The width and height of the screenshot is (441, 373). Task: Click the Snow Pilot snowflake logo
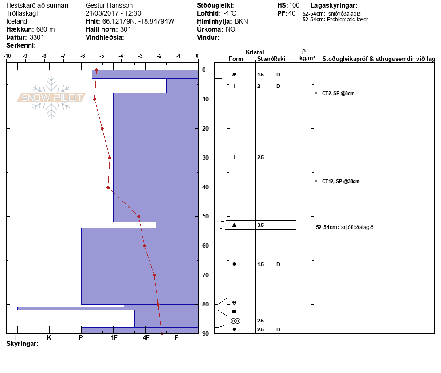point(51,97)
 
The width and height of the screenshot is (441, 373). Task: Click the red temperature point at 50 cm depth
point(139,217)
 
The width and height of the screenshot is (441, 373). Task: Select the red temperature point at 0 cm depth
point(96,70)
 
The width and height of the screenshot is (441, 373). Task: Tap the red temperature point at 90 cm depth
point(162,333)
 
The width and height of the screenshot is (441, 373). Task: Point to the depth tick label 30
point(205,158)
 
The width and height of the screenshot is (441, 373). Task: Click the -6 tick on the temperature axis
point(83,56)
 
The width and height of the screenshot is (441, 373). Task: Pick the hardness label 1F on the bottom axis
point(114,337)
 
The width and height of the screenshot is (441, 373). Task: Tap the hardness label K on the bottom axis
point(49,337)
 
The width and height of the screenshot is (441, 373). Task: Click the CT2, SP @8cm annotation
point(339,93)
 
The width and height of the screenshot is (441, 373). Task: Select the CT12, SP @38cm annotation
point(341,181)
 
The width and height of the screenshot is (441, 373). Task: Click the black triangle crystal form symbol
point(234,225)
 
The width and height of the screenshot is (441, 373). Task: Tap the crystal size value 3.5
point(260,225)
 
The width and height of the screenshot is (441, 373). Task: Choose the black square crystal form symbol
point(234,312)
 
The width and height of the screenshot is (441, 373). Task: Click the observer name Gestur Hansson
point(109,5)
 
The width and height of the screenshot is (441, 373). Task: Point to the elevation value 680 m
point(46,29)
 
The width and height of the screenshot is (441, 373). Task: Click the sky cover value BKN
point(241,21)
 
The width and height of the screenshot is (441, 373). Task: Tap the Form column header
point(236,59)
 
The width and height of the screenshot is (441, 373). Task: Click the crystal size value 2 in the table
point(259,86)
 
